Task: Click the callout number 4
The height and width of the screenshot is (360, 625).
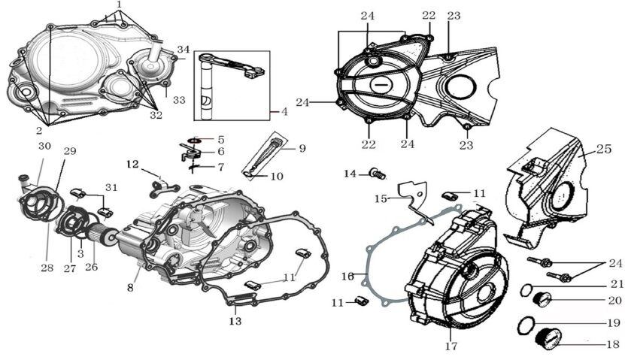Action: tap(284, 112)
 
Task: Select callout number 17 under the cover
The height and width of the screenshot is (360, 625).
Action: tap(451, 346)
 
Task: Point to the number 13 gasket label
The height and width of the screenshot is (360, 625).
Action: tap(235, 321)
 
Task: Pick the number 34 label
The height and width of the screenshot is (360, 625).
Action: tap(184, 50)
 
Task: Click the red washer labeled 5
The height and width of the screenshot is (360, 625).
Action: tap(194, 139)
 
